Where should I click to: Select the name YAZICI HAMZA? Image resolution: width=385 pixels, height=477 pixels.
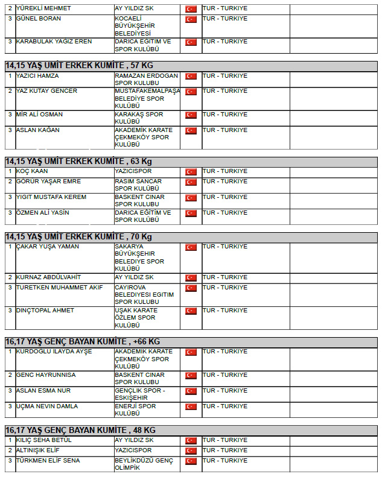[x=37, y=76]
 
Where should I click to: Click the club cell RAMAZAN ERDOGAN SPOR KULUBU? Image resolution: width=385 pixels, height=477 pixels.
[x=146, y=80]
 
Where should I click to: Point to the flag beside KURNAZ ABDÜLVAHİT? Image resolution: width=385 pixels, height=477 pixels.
[x=191, y=278]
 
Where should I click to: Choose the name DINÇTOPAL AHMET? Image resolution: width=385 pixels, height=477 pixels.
[x=45, y=311]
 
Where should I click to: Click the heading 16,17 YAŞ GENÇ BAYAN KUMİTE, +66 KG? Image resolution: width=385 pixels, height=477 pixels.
[x=83, y=341]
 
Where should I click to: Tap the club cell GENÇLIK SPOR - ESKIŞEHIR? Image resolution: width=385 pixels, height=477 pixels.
[x=140, y=394]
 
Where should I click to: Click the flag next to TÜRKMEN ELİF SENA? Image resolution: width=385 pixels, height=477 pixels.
[x=191, y=461]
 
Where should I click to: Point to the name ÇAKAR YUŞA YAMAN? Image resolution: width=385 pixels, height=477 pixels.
[x=48, y=247]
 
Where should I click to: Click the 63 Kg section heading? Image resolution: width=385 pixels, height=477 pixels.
[x=78, y=161]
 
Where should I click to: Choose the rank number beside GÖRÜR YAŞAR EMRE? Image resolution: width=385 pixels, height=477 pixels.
[x=10, y=182]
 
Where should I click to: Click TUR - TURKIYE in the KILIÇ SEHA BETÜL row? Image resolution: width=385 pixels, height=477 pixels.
[x=224, y=440]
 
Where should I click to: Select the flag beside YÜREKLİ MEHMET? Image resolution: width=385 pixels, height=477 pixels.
[x=191, y=9]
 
